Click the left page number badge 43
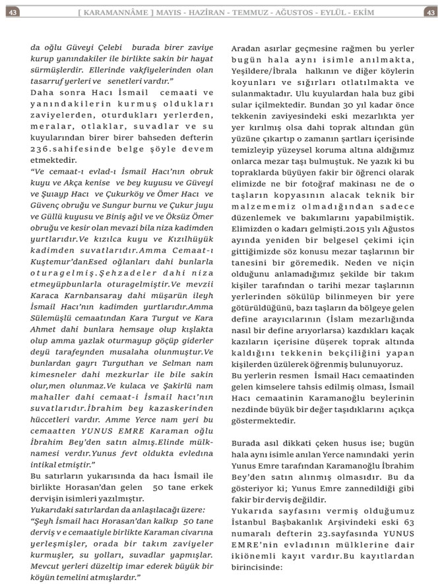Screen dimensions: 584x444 [x=12, y=12]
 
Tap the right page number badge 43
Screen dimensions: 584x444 [x=430, y=12]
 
